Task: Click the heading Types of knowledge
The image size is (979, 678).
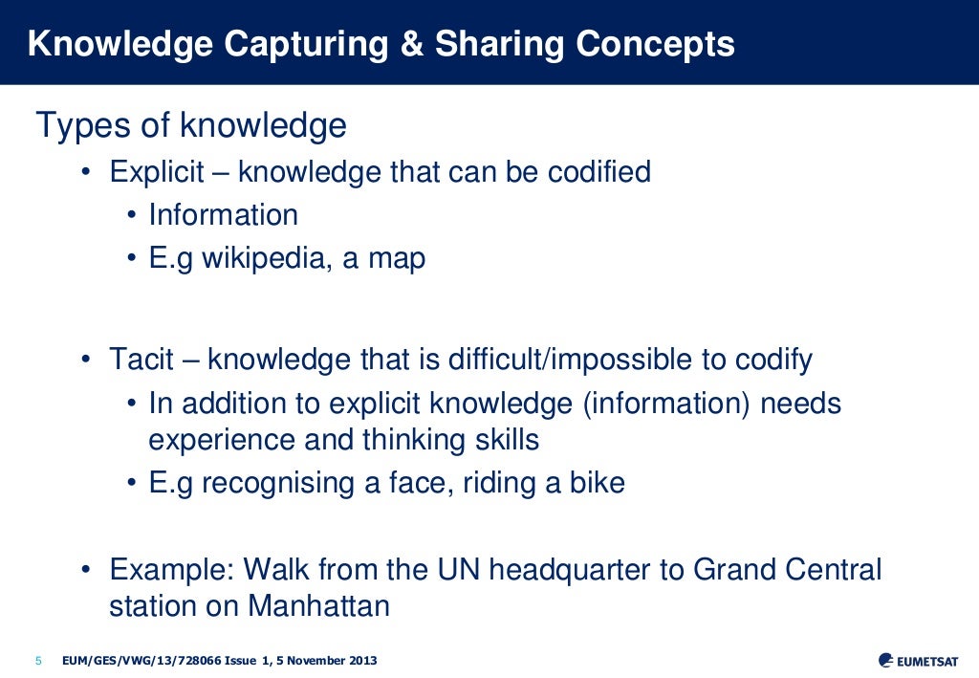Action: [190, 126]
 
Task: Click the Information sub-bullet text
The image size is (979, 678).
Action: [223, 215]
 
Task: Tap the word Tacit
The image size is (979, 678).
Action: [141, 361]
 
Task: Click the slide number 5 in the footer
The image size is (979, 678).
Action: [38, 661]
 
